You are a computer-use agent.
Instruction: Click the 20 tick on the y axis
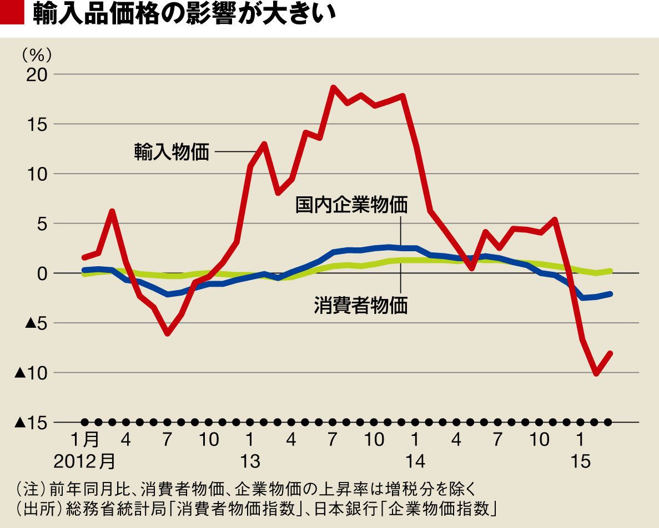[x=37, y=75]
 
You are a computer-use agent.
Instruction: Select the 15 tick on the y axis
[x=38, y=124]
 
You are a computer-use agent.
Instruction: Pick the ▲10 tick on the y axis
[x=31, y=373]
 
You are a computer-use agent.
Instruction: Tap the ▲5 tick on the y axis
[x=34, y=323]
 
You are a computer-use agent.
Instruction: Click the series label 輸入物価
[x=172, y=151]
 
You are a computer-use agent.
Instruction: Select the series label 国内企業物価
[x=351, y=205]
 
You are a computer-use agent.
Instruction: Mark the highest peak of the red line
[x=333, y=87]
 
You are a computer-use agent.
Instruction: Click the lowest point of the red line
[x=596, y=374]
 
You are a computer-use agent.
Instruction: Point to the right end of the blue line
[x=611, y=293]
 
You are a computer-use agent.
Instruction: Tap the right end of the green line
[x=610, y=271]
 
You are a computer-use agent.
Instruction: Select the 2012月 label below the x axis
[x=86, y=461]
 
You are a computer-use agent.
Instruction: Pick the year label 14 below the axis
[x=415, y=461]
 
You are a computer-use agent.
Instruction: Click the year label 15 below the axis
[x=580, y=461]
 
